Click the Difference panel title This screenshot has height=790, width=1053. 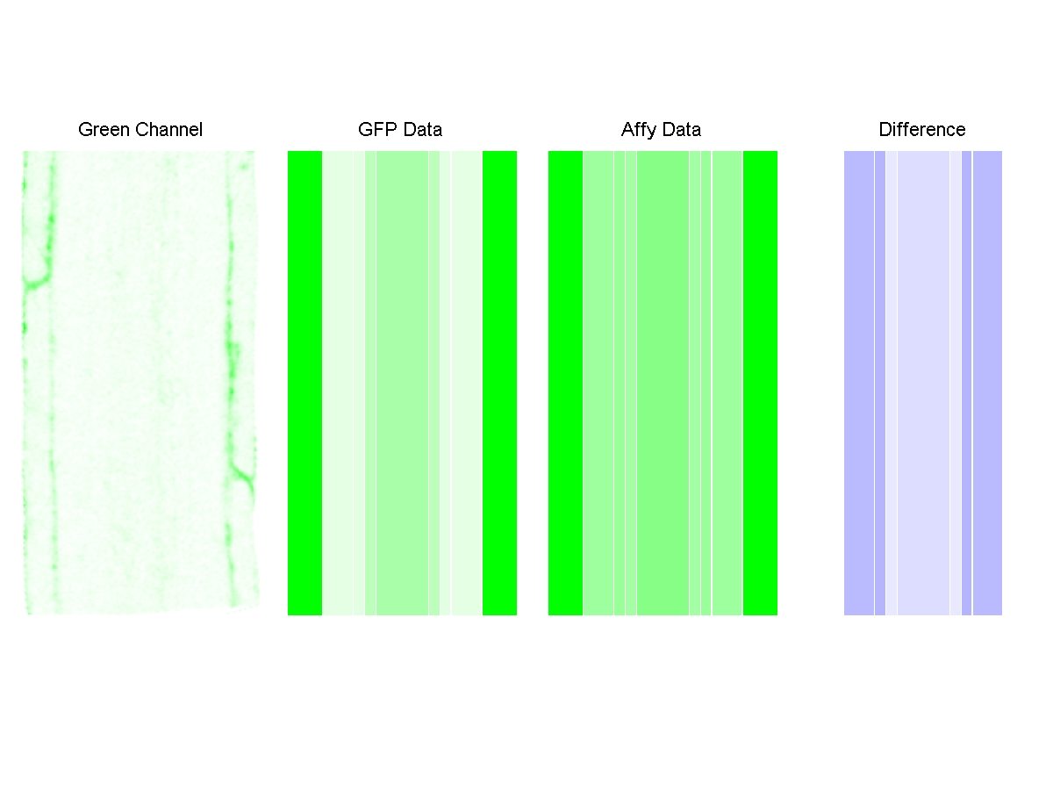[x=922, y=130]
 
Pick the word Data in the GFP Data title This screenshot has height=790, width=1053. [x=422, y=130]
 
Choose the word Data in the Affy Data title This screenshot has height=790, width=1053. [x=681, y=130]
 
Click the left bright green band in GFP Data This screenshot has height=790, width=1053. [x=304, y=383]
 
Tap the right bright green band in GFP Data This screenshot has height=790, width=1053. [x=499, y=383]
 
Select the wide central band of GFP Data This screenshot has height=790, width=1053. [x=402, y=383]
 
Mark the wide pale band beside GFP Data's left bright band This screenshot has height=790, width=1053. [x=338, y=383]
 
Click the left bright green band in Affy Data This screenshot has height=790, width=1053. [x=565, y=383]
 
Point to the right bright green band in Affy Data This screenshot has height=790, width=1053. [x=760, y=383]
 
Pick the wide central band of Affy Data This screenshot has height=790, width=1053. [x=663, y=383]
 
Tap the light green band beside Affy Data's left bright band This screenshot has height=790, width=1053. [x=598, y=383]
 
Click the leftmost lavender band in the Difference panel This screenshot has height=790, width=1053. [x=858, y=383]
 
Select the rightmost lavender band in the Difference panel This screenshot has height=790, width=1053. [x=987, y=383]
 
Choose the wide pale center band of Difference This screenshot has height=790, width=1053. [x=923, y=383]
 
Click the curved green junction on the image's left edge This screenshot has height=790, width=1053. [x=35, y=281]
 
